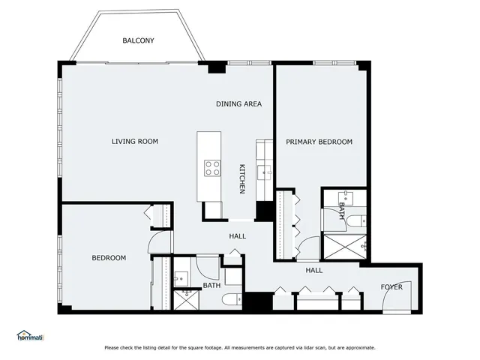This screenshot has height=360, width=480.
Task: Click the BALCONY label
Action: click(x=139, y=40)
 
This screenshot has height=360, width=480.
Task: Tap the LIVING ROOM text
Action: click(x=135, y=142)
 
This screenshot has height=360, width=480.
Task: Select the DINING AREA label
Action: click(x=238, y=104)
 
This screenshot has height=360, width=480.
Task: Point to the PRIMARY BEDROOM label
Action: click(x=319, y=142)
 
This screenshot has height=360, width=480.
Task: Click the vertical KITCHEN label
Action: click(x=242, y=178)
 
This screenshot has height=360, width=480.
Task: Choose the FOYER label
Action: click(x=391, y=287)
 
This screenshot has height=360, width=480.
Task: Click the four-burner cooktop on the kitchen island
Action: click(x=213, y=168)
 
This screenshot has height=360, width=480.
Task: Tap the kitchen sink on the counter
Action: click(x=264, y=173)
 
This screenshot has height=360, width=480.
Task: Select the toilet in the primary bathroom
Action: click(x=359, y=220)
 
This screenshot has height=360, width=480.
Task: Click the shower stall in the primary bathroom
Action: click(x=344, y=244)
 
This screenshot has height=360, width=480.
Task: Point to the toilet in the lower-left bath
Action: click(x=230, y=301)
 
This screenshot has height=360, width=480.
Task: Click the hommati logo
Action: click(x=30, y=337)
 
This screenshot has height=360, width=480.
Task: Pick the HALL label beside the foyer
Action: click(x=313, y=270)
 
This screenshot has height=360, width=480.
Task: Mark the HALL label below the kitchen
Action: click(x=237, y=236)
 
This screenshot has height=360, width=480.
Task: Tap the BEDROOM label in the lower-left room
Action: click(x=109, y=258)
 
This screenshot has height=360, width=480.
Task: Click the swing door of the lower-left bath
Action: click(x=208, y=266)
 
